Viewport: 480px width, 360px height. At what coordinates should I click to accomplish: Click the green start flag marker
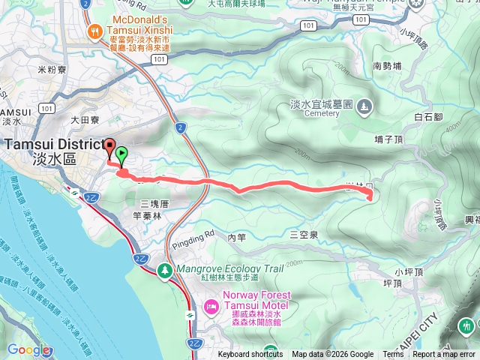click(x=121, y=154)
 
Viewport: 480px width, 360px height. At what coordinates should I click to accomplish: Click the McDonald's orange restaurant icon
click(x=93, y=31)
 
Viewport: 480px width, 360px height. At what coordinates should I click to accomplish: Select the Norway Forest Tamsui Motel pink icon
click(x=211, y=306)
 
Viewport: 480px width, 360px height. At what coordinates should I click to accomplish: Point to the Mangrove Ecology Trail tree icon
click(x=164, y=268)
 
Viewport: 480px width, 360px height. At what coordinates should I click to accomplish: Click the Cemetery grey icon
click(x=364, y=106)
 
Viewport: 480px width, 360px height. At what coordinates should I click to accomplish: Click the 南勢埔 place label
click(x=387, y=66)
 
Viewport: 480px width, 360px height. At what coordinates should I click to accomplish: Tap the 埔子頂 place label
click(x=388, y=139)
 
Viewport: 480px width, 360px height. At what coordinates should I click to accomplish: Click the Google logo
click(x=28, y=349)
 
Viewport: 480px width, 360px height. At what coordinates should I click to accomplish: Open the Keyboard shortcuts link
click(x=251, y=355)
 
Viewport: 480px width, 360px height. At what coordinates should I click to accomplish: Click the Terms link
click(x=392, y=355)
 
